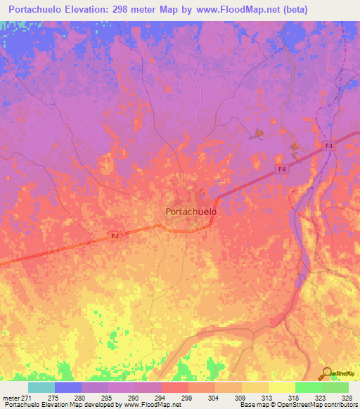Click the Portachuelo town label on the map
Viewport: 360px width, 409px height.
click(191, 211)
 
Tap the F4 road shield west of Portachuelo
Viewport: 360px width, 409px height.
click(115, 235)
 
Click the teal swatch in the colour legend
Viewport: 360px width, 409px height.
click(41, 387)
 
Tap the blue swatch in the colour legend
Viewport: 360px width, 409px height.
click(68, 387)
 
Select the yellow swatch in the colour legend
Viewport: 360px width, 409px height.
click(281, 387)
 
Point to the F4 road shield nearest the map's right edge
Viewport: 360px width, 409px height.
click(328, 146)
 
